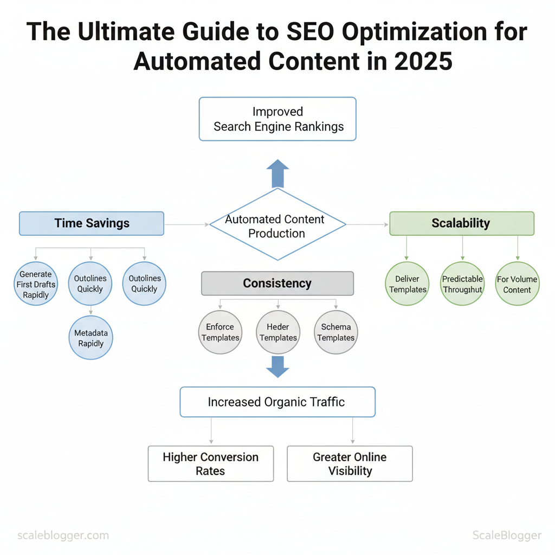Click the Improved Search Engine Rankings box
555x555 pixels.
277,119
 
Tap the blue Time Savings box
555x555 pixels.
92,223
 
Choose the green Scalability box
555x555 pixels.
462,223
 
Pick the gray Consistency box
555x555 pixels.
277,283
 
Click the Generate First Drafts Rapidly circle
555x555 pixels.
36,284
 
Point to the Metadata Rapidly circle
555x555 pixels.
91,338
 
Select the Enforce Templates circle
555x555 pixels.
220,332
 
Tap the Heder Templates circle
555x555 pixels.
278,332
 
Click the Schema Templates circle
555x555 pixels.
336,332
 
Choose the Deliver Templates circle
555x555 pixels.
408,283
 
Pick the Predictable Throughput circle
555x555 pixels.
462,283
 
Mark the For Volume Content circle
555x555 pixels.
517,283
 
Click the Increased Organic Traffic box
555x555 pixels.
277,402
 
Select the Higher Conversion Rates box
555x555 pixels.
211,463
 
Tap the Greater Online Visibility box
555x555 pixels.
350,463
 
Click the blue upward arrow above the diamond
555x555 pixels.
278,173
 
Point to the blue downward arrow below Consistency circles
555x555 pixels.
278,367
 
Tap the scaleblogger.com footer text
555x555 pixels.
63,535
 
